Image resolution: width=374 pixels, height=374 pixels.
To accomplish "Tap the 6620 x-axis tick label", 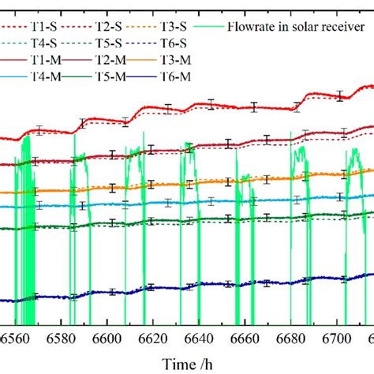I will (155, 338).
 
